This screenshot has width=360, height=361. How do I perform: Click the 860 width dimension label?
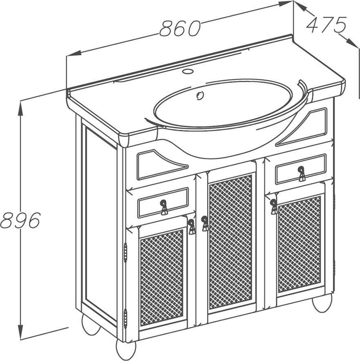point(180,28)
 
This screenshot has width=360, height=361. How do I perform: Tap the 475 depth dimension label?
point(326,25)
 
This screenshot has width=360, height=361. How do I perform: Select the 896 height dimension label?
point(20,220)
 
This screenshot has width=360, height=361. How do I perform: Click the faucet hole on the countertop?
point(187,71)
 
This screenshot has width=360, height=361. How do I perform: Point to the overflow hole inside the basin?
point(200,95)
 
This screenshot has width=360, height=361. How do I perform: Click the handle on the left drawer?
point(164,207)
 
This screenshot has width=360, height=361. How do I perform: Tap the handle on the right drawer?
point(302,174)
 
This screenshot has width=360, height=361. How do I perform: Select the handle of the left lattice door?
point(192,227)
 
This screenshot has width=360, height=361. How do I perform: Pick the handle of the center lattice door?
point(205,223)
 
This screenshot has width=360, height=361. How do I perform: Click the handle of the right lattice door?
point(274,207)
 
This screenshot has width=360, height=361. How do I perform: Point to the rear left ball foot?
point(91,324)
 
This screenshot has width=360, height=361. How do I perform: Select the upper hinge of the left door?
point(125,253)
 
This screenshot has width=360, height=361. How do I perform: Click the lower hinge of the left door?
point(125,319)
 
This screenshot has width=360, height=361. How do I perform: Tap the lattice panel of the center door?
point(230,242)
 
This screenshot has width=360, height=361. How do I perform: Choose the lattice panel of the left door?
point(162,277)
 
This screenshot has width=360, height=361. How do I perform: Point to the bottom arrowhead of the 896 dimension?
point(21,332)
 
